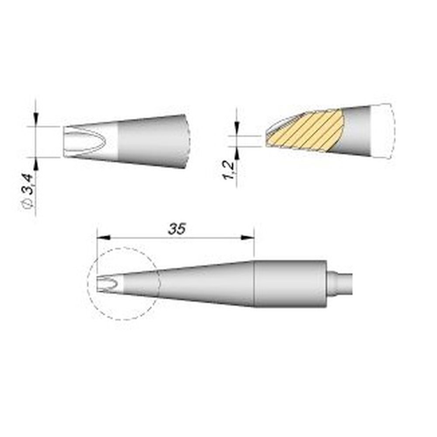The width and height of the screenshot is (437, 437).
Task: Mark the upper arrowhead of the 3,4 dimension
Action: pyautogui.click(x=36, y=121)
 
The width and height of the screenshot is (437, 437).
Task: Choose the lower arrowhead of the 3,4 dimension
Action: pyautogui.click(x=36, y=163)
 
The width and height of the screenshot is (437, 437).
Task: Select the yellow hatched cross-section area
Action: pyautogui.click(x=306, y=131)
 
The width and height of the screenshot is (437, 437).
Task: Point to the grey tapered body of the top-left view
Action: pyautogui.click(x=153, y=141)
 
